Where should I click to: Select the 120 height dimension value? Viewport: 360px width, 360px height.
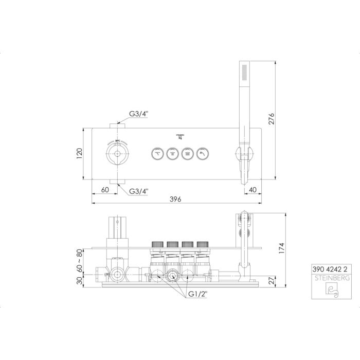(79, 153)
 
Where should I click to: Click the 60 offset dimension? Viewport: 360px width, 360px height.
(105, 190)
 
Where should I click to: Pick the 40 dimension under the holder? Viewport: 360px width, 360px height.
(252, 190)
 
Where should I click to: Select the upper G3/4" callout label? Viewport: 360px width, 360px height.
(138, 114)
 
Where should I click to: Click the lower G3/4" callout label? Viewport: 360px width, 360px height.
(138, 191)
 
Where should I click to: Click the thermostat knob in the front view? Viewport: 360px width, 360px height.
(118, 153)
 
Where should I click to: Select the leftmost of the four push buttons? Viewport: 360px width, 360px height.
(157, 153)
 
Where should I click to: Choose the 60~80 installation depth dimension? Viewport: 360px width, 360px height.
(79, 261)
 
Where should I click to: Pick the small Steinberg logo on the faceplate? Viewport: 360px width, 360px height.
(180, 136)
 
